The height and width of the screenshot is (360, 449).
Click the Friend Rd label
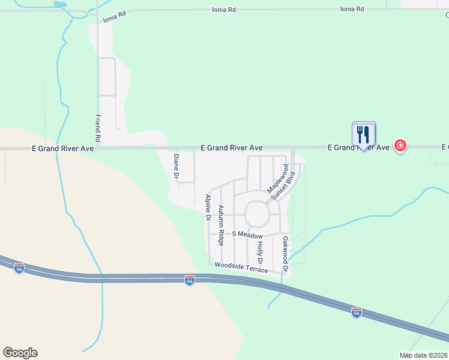[98, 129]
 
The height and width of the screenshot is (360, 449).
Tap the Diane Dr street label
[176, 167]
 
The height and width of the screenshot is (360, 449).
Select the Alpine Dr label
[208, 208]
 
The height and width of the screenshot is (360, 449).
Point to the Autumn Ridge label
[221, 226]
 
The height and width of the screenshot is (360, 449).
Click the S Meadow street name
[247, 235]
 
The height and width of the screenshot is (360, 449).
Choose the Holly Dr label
[261, 253]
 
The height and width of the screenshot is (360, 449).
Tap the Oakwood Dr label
[286, 255]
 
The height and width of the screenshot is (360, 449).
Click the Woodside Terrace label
[241, 266]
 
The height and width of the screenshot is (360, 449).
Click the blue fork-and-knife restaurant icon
[363, 134]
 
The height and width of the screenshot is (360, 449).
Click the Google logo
[20, 353]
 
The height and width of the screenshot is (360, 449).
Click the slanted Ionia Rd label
[115, 15]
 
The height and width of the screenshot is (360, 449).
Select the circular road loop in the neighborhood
[257, 213]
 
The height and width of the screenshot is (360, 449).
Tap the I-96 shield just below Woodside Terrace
[190, 280]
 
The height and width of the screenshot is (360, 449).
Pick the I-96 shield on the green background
[356, 313]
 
